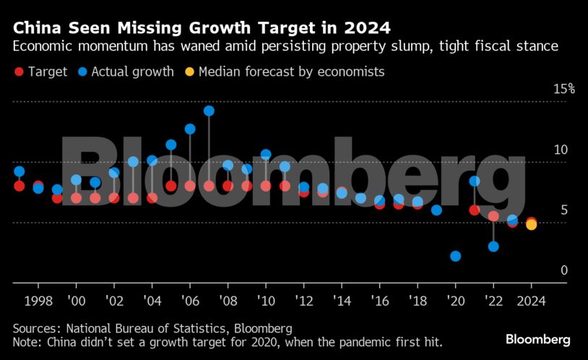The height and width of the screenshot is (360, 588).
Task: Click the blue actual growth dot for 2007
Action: click(x=209, y=111)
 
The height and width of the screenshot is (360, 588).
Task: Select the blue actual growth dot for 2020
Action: click(x=455, y=256)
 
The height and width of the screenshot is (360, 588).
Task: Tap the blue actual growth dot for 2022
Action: click(x=493, y=247)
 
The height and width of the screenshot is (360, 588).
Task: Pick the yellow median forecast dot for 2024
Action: click(x=531, y=225)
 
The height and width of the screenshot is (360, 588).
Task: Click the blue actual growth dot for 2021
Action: click(x=475, y=181)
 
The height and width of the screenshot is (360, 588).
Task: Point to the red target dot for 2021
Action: click(x=475, y=210)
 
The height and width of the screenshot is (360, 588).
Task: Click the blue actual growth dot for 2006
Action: click(x=190, y=129)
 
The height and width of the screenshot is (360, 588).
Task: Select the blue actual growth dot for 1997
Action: click(x=20, y=171)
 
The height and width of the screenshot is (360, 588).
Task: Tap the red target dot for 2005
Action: click(x=171, y=186)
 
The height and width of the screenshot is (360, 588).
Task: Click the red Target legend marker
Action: click(x=19, y=72)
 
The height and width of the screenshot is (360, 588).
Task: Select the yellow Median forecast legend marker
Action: click(x=189, y=72)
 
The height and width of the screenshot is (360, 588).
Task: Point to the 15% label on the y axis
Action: click(x=563, y=89)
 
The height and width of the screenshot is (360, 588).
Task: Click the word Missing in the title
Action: click(x=156, y=28)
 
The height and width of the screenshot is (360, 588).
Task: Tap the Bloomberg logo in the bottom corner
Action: click(x=537, y=339)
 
